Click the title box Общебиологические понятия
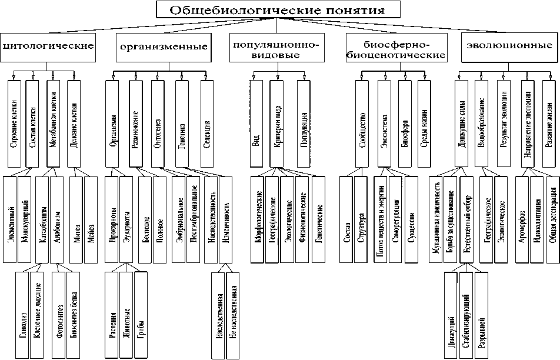pos(278,10)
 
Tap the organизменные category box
pos(163,46)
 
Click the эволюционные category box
pos(506,46)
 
